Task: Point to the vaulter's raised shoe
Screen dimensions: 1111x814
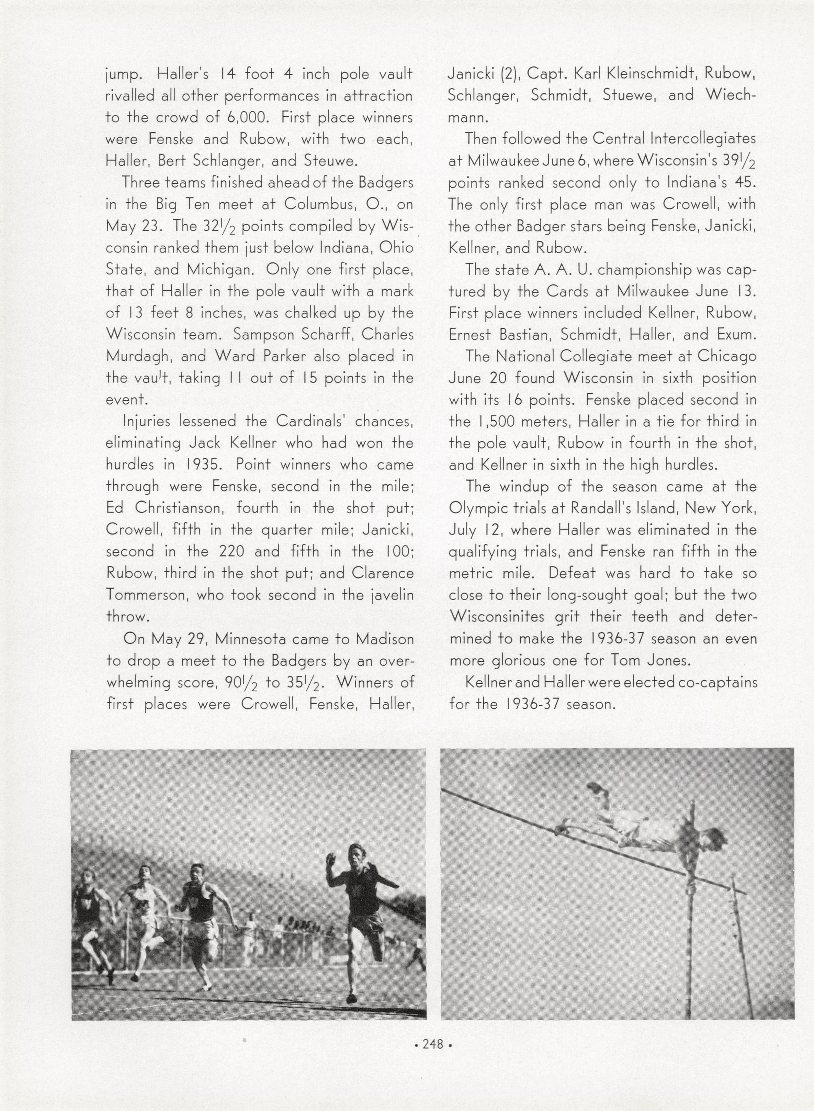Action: click(x=597, y=789)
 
